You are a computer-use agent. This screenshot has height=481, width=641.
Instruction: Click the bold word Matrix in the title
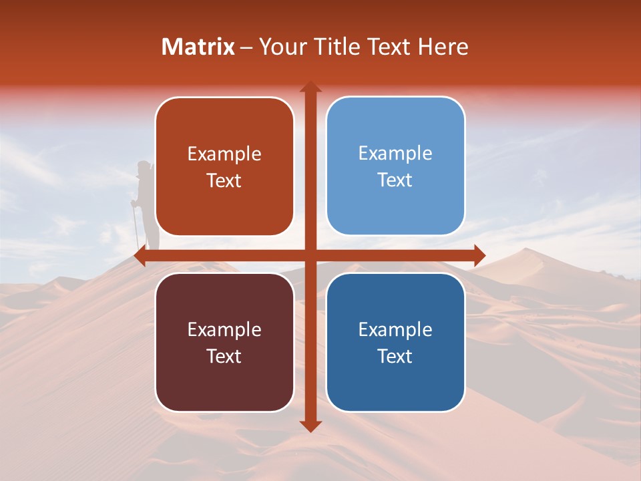click(x=198, y=47)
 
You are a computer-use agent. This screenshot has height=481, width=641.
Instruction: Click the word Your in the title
click(x=280, y=47)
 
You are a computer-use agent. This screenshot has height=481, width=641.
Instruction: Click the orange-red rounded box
click(x=224, y=166)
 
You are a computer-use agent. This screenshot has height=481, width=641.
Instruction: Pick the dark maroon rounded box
click(x=224, y=342)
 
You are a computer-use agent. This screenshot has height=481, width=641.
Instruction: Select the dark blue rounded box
click(x=395, y=342)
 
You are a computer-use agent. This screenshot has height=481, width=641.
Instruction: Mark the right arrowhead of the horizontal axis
click(x=479, y=255)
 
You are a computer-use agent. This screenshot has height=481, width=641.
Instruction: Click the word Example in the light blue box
click(x=395, y=154)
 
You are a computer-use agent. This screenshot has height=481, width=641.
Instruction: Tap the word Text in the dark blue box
click(x=395, y=356)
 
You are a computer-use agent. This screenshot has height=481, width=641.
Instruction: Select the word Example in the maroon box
click(x=224, y=329)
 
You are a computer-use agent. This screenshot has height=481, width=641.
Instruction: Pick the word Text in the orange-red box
click(x=224, y=180)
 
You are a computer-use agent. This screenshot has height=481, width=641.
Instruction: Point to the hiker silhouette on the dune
click(x=147, y=200)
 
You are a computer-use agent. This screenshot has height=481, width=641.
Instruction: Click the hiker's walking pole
click(x=136, y=227)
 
